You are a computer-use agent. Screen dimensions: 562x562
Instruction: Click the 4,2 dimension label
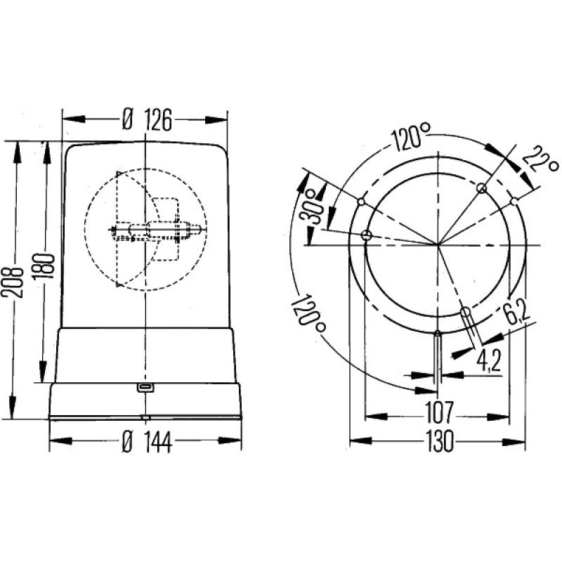[489, 362]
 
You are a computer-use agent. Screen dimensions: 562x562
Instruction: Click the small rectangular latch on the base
[145, 387]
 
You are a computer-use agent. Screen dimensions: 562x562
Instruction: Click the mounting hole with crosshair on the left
[365, 235]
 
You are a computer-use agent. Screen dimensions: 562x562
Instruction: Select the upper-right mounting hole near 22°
[481, 188]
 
